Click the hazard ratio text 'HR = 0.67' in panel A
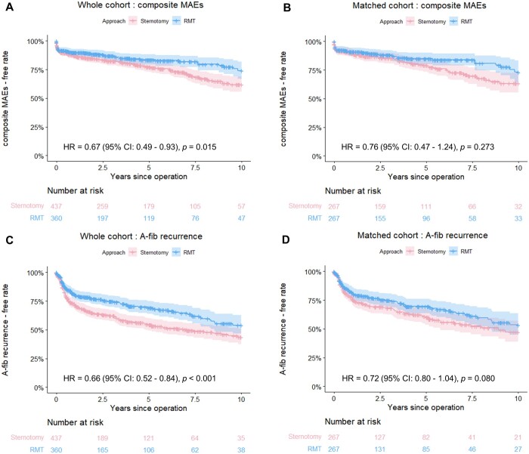click(x=90, y=145)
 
